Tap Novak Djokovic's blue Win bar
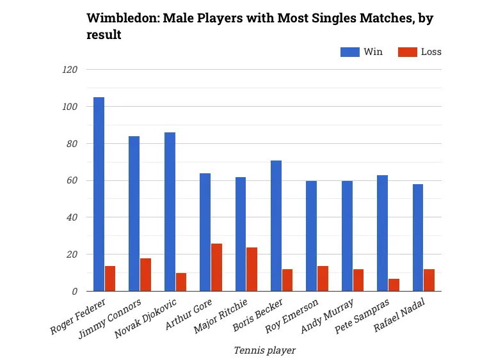tap(170, 212)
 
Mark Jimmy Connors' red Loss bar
tap(145, 274)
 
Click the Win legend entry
tap(362, 52)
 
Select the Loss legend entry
tap(420, 52)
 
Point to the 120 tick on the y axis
tap(68, 70)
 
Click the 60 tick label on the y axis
tap(71, 181)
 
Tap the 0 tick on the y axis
tap(74, 292)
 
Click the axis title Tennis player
tap(264, 350)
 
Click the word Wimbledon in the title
tap(123, 19)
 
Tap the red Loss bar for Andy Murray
tap(358, 280)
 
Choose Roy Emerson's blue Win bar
tap(311, 236)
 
